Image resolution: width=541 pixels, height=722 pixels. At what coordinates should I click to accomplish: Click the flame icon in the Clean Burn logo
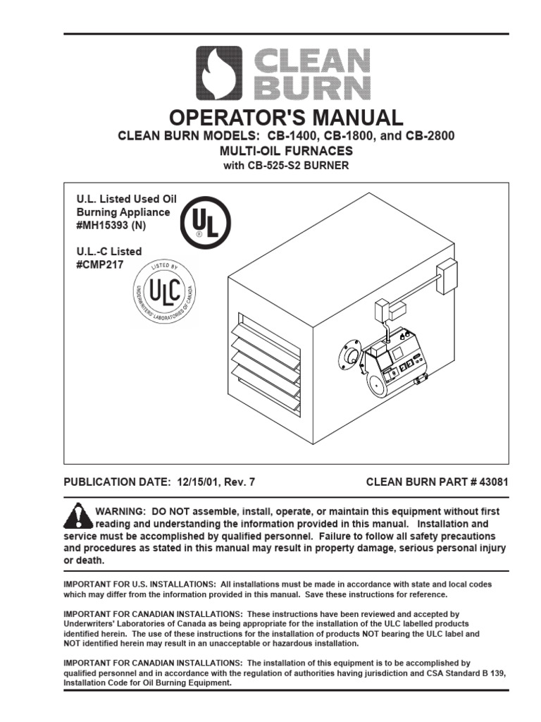click(218, 73)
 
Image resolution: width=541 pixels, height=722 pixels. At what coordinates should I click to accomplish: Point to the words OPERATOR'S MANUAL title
click(270, 117)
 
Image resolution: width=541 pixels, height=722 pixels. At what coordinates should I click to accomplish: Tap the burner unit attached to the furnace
click(394, 363)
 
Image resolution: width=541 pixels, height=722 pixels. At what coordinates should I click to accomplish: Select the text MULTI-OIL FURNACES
click(270, 151)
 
